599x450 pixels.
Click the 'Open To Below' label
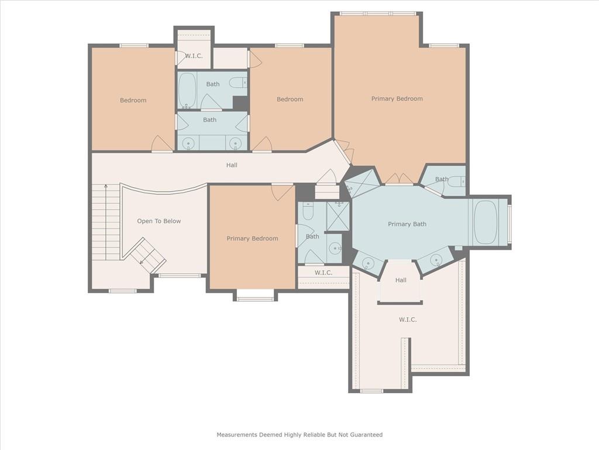pyautogui.click(x=159, y=221)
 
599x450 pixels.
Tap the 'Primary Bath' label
pyautogui.click(x=407, y=224)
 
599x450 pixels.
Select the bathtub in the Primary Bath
pyautogui.click(x=485, y=222)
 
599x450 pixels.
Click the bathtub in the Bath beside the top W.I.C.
pyautogui.click(x=187, y=90)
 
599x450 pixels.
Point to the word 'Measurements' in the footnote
pyautogui.click(x=237, y=435)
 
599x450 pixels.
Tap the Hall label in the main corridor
pyautogui.click(x=232, y=165)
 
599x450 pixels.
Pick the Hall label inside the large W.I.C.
pyautogui.click(x=401, y=280)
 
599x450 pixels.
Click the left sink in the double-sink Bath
pyautogui.click(x=188, y=144)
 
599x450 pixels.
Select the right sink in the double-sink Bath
pyautogui.click(x=235, y=144)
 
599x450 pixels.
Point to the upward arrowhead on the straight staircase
pyautogui.click(x=106, y=187)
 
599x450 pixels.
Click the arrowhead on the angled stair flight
pyautogui.click(x=142, y=262)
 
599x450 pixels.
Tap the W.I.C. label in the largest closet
pyautogui.click(x=408, y=319)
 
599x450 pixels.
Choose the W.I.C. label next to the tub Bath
pyautogui.click(x=194, y=56)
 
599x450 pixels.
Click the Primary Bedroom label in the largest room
pyautogui.click(x=397, y=98)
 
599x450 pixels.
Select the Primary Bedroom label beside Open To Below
pyautogui.click(x=252, y=239)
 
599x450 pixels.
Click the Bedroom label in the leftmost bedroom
pyautogui.click(x=133, y=100)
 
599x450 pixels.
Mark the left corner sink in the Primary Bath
pyautogui.click(x=367, y=263)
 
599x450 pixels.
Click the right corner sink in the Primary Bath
pyautogui.click(x=436, y=261)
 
